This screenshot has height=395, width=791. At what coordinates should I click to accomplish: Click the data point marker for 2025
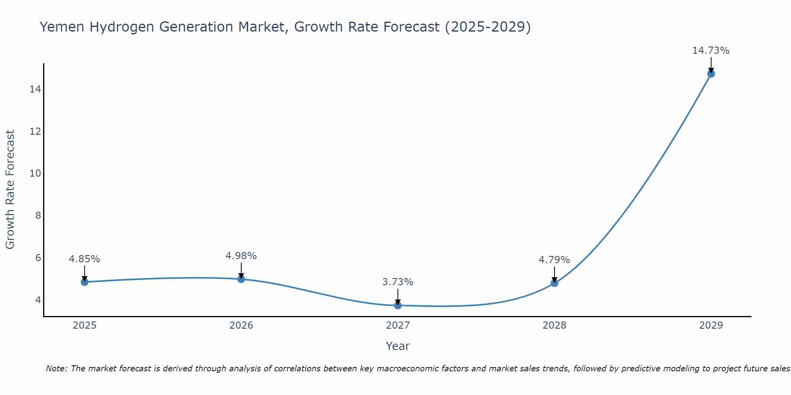tap(84, 282)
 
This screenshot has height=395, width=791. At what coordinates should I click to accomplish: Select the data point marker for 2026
tap(241, 279)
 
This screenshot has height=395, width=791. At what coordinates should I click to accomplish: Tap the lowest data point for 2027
tap(397, 305)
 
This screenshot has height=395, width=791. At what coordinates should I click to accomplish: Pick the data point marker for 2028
tap(554, 283)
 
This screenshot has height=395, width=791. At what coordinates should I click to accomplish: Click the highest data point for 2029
tap(711, 74)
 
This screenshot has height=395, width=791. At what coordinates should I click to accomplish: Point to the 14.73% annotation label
tap(711, 51)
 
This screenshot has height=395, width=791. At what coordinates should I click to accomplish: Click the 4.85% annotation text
tap(84, 259)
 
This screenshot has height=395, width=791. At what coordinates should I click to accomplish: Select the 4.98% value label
tap(241, 256)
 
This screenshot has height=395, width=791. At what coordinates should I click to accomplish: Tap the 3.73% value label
tap(397, 282)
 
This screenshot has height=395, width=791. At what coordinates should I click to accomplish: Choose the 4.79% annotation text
tap(554, 260)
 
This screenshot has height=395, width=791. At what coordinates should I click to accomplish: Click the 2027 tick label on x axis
tap(397, 325)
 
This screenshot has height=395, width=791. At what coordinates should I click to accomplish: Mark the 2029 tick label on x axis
tap(711, 325)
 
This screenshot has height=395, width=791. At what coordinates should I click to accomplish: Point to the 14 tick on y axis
tap(35, 89)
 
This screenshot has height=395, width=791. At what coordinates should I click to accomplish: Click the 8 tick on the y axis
tap(38, 216)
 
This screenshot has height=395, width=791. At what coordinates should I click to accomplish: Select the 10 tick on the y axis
tap(35, 173)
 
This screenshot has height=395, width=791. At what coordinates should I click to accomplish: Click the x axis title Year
tap(397, 346)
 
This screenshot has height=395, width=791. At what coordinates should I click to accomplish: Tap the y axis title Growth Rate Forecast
tap(10, 190)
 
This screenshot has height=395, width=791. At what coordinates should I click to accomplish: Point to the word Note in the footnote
tap(57, 369)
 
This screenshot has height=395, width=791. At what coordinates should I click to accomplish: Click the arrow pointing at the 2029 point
tap(711, 64)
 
